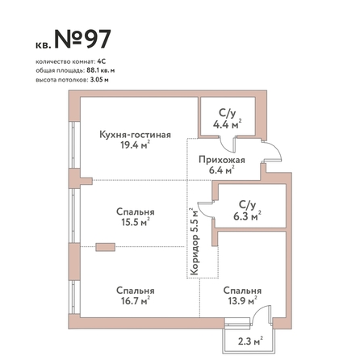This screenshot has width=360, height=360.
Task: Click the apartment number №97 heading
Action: [x=83, y=40]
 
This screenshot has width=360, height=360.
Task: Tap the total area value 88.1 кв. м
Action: [x=101, y=70]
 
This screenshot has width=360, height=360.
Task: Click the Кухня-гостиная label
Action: [x=135, y=135]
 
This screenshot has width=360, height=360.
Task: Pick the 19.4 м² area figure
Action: [x=135, y=145]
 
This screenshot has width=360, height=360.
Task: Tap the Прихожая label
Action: [x=222, y=160]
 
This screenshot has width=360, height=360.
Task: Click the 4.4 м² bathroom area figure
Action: [x=228, y=124]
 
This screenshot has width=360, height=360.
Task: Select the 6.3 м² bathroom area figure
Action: [x=247, y=216]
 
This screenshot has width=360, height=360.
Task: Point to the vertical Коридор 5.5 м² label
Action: [x=194, y=241]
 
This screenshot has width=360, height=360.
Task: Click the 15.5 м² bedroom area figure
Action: [x=136, y=222]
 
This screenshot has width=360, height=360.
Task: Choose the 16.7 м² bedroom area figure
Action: [x=136, y=300]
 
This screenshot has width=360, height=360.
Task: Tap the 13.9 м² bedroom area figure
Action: [x=242, y=300]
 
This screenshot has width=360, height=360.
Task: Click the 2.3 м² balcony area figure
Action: [x=250, y=341]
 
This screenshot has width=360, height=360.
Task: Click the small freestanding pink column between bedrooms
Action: [x=106, y=247]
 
